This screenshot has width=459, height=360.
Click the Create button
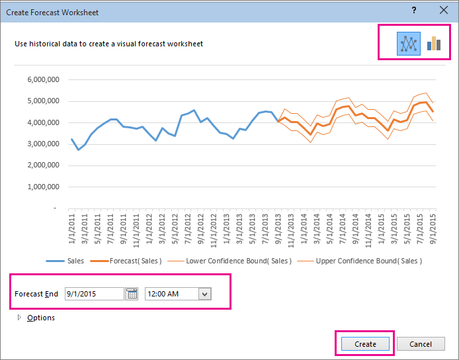click(365, 344)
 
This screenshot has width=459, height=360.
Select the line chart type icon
click(409, 44)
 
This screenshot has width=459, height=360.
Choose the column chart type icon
click(434, 44)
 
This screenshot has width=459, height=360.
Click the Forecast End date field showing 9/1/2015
click(94, 294)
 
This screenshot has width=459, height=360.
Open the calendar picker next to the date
click(132, 294)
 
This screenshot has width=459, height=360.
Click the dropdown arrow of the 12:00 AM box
click(204, 294)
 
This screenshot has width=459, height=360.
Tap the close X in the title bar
click(443, 10)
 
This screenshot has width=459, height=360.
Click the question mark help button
click(414, 10)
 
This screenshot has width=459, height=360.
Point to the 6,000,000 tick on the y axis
click(44, 80)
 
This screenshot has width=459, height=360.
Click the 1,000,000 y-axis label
click(44, 187)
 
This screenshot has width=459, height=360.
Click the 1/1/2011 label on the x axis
click(72, 229)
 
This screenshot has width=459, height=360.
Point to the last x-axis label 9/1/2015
click(433, 229)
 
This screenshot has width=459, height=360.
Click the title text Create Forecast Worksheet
click(53, 10)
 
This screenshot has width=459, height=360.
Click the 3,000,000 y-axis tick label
click(44, 144)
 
